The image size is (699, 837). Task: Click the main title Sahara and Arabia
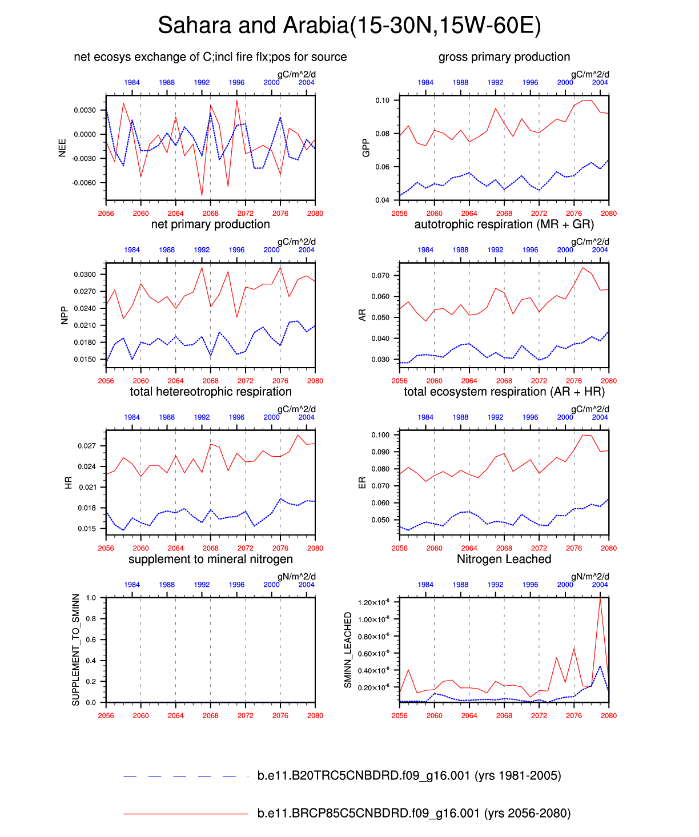click(349, 26)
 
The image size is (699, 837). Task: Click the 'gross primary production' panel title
click(504, 57)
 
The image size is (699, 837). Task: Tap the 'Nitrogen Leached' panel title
click(504, 559)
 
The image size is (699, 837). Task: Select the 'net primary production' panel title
click(210, 224)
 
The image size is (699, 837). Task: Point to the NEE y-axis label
click(63, 148)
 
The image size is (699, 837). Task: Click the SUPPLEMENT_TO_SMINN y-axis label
click(76, 650)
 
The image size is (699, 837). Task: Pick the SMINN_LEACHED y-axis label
click(348, 650)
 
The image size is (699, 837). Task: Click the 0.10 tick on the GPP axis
click(382, 100)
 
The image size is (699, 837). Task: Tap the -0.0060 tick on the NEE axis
click(84, 183)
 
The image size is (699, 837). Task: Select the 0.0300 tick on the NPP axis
click(85, 275)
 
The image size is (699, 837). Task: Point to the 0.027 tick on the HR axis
click(87, 446)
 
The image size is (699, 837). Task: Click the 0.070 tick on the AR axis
click(380, 276)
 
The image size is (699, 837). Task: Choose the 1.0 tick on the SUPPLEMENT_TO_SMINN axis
click(91, 598)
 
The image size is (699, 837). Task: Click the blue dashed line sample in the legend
click(186, 776)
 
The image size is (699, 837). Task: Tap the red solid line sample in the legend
click(186, 814)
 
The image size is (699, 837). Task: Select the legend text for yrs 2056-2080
click(413, 813)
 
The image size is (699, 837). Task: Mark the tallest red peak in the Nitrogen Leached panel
click(600, 598)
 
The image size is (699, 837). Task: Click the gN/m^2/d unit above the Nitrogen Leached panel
click(590, 576)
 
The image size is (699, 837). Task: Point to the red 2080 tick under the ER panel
click(609, 548)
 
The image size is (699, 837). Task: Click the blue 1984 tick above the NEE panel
click(132, 82)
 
